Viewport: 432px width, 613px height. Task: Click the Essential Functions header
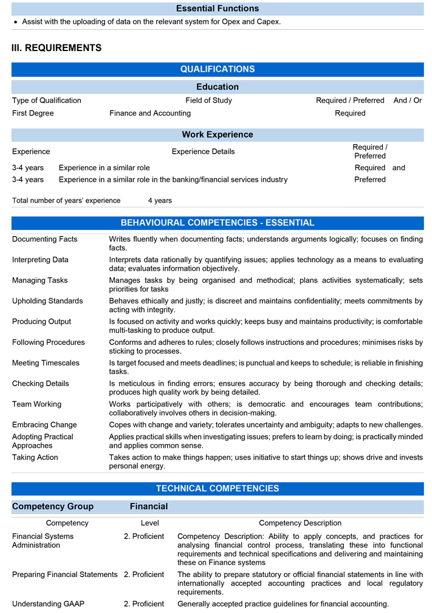click(x=218, y=9)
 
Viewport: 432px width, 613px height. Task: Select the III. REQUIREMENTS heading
click(x=57, y=47)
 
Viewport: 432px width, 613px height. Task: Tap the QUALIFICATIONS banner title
click(x=218, y=69)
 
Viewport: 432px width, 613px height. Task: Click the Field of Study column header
click(x=208, y=100)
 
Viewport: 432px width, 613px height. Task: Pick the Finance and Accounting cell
click(x=150, y=113)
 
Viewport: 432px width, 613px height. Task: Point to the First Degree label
click(x=33, y=113)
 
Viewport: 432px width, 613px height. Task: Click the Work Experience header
click(x=218, y=134)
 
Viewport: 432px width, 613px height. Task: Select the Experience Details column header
click(x=203, y=151)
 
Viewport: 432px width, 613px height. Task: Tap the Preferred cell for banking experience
click(x=370, y=179)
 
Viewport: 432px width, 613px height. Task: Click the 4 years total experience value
click(x=160, y=201)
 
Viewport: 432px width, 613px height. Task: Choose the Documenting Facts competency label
click(x=45, y=239)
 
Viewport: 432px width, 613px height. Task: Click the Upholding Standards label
click(x=47, y=301)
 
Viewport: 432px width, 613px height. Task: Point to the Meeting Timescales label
click(x=46, y=363)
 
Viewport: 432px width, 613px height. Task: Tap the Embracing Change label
click(x=44, y=425)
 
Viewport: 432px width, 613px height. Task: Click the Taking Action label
click(x=35, y=457)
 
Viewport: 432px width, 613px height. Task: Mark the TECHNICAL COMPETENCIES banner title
click(x=218, y=488)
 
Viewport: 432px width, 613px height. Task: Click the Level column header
click(x=149, y=523)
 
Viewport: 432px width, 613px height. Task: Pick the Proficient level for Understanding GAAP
click(x=144, y=604)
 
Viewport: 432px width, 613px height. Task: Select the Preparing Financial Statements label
click(x=65, y=575)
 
